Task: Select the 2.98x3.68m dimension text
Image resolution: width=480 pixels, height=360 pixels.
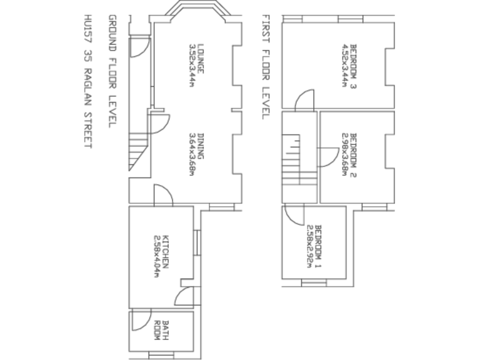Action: [344, 154]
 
